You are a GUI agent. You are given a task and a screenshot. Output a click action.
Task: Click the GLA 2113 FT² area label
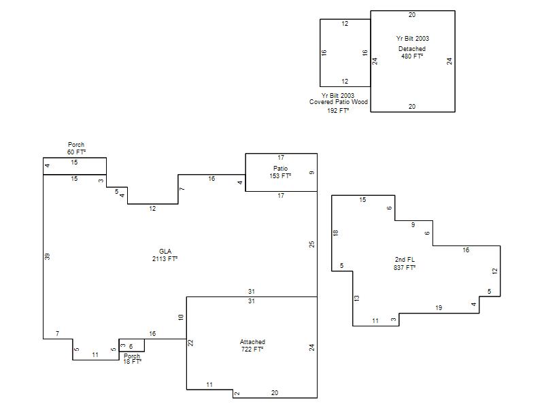[165, 255]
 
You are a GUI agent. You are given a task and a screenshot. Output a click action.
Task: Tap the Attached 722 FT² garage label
[252, 345]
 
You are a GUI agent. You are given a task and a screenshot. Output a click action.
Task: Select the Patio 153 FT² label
[280, 172]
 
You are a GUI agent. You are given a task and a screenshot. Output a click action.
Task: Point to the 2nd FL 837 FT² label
[405, 264]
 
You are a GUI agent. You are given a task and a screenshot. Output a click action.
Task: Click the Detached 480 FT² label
[412, 52]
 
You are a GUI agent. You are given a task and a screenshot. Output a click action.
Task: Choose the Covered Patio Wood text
[339, 102]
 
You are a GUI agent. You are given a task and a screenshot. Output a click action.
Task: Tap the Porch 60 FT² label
[76, 148]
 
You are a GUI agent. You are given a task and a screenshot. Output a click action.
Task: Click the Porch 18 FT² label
[132, 359]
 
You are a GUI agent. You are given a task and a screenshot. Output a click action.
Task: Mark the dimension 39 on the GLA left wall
[47, 256]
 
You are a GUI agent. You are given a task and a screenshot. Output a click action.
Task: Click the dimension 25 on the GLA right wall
[311, 244]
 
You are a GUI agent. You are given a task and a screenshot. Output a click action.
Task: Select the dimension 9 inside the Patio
[311, 173]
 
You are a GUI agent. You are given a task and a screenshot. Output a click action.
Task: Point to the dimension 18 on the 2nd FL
[335, 233]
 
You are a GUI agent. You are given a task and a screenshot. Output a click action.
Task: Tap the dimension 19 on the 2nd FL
[439, 308]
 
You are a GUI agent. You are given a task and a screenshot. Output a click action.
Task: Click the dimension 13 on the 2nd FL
[356, 298]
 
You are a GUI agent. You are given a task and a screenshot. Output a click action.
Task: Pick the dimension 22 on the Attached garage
[190, 343]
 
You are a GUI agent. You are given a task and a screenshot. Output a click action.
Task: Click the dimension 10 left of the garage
[180, 317]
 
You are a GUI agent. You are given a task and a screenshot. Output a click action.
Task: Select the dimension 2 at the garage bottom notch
[237, 394]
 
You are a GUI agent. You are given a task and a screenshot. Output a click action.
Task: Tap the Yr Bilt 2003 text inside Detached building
[413, 39]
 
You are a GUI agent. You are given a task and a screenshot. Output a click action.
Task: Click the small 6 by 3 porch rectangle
[131, 345]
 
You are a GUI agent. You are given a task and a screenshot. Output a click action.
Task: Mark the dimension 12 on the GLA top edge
[152, 209]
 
